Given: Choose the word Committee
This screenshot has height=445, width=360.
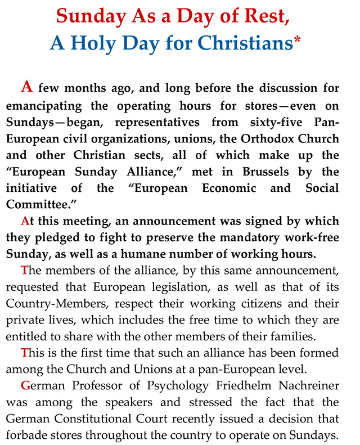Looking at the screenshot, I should [35, 203].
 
